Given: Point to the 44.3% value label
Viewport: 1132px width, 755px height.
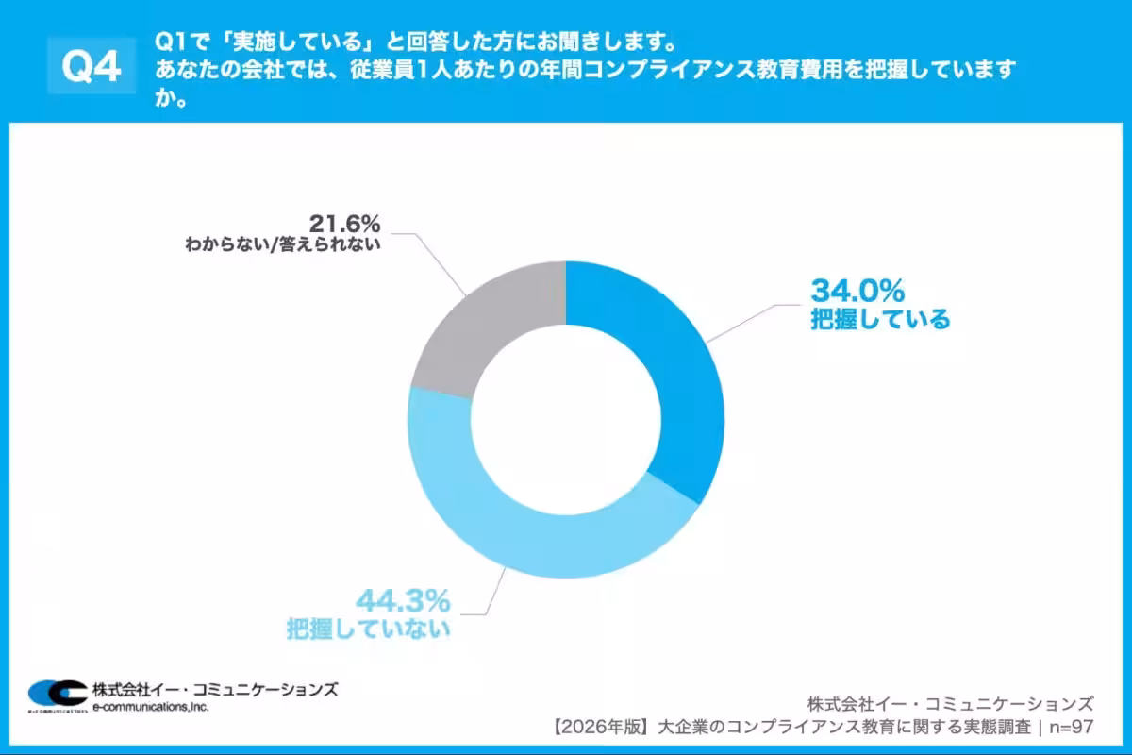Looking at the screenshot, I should coord(403,599).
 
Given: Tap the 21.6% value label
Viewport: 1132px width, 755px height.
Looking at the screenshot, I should coord(344,224).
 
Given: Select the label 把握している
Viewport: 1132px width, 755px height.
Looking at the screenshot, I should coord(880,319).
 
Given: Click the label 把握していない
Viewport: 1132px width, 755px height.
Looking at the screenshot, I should coord(368,629).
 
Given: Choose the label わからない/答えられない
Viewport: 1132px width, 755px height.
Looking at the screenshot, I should coord(283,246).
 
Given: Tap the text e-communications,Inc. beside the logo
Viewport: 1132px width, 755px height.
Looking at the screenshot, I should coord(151,707).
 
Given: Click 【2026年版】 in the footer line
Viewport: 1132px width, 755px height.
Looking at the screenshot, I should coord(600,728).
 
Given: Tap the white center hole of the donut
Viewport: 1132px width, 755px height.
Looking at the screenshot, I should coord(566,420).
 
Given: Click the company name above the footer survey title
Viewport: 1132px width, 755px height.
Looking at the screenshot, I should coord(951,703).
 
